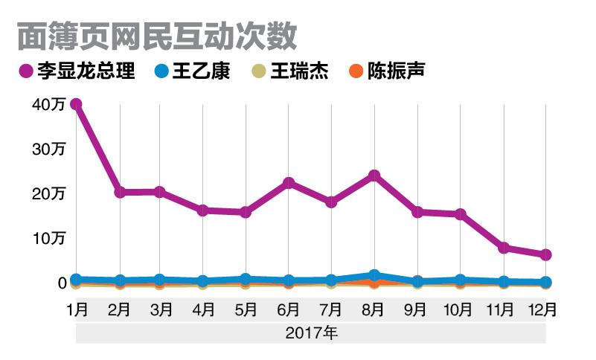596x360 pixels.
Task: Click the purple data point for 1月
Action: pyautogui.click(x=75, y=104)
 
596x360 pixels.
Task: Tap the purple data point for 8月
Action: pyautogui.click(x=374, y=176)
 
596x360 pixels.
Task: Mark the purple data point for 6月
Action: pyautogui.click(x=289, y=183)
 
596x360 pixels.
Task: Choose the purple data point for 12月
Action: pyautogui.click(x=545, y=255)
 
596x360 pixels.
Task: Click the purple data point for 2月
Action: pyautogui.click(x=119, y=192)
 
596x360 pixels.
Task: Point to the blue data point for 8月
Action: pyautogui.click(x=374, y=275)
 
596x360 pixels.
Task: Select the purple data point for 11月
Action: pyautogui.click(x=504, y=248)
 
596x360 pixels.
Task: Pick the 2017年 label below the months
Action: pyautogui.click(x=310, y=333)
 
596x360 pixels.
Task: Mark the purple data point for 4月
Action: pyautogui.click(x=203, y=210)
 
